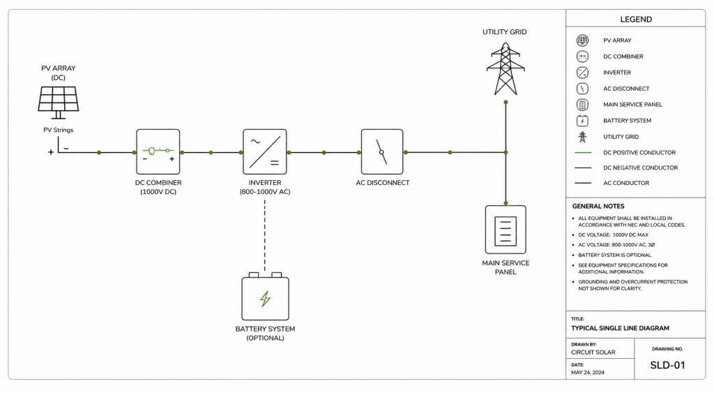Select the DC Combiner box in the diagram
coord(158,151)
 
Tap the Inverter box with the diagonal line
coord(264,151)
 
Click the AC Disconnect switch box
coord(382,151)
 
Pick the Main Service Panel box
coord(506,230)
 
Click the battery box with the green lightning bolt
coord(265,297)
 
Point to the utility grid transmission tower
coord(506,69)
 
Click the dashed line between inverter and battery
coord(264,235)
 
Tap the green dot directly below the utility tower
coord(506,102)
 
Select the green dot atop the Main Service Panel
coord(506,203)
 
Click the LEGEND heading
coord(636,19)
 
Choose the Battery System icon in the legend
coord(582,120)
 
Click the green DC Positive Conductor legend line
coord(583,152)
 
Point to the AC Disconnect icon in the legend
coord(582,89)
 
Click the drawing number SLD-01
coord(667,365)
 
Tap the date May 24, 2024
coord(588,373)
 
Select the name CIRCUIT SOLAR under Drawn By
coord(593,353)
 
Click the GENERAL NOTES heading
coord(598,206)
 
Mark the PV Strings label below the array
coord(59,130)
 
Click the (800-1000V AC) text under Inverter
coord(265,192)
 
